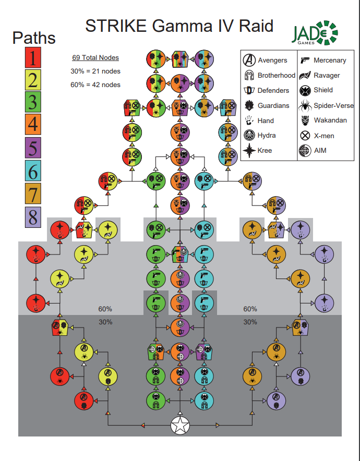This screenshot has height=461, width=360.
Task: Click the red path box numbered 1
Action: tap(33, 58)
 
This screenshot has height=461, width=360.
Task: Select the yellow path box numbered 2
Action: tap(33, 81)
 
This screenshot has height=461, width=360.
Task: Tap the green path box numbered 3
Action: tap(33, 103)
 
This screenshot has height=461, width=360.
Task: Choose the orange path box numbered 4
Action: tap(33, 126)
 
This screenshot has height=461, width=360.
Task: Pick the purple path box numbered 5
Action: tap(33, 149)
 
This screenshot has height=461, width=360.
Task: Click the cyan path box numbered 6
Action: tap(33, 171)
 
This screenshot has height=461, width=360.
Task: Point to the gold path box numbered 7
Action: tap(33, 194)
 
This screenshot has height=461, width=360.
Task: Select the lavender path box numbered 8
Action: tap(33, 216)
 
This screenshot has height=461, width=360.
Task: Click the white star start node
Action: tap(180, 426)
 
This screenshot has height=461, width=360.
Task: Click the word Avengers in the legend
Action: tap(272, 60)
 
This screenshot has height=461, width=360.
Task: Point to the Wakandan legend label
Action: tap(331, 120)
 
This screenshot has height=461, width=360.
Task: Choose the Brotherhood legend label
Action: tap(277, 76)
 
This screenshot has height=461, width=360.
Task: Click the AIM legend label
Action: tap(321, 151)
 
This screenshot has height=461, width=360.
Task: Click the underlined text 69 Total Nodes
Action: tap(95, 57)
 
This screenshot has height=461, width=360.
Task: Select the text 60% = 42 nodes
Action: tap(95, 84)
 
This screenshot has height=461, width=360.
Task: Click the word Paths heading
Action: tap(34, 38)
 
